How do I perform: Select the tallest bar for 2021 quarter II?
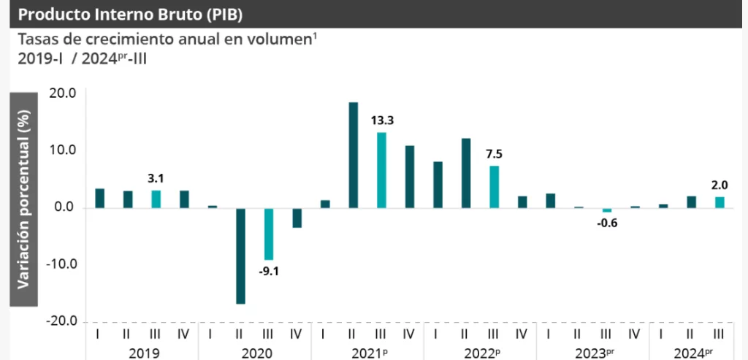coord(353,155)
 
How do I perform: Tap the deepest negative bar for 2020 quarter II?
coord(240,256)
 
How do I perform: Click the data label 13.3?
coord(383,120)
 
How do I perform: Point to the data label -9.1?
coord(268,272)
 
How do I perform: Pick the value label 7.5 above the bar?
coord(495,154)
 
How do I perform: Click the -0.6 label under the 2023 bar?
coord(607,223)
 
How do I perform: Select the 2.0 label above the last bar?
coord(720,185)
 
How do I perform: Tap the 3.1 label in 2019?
coord(156,178)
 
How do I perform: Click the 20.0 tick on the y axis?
coord(63,93)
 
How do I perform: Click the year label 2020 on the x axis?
coord(255,353)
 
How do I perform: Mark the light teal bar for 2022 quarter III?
coord(495,187)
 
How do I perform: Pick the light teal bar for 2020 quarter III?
coord(269,234)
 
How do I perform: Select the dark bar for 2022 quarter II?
coord(466,173)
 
